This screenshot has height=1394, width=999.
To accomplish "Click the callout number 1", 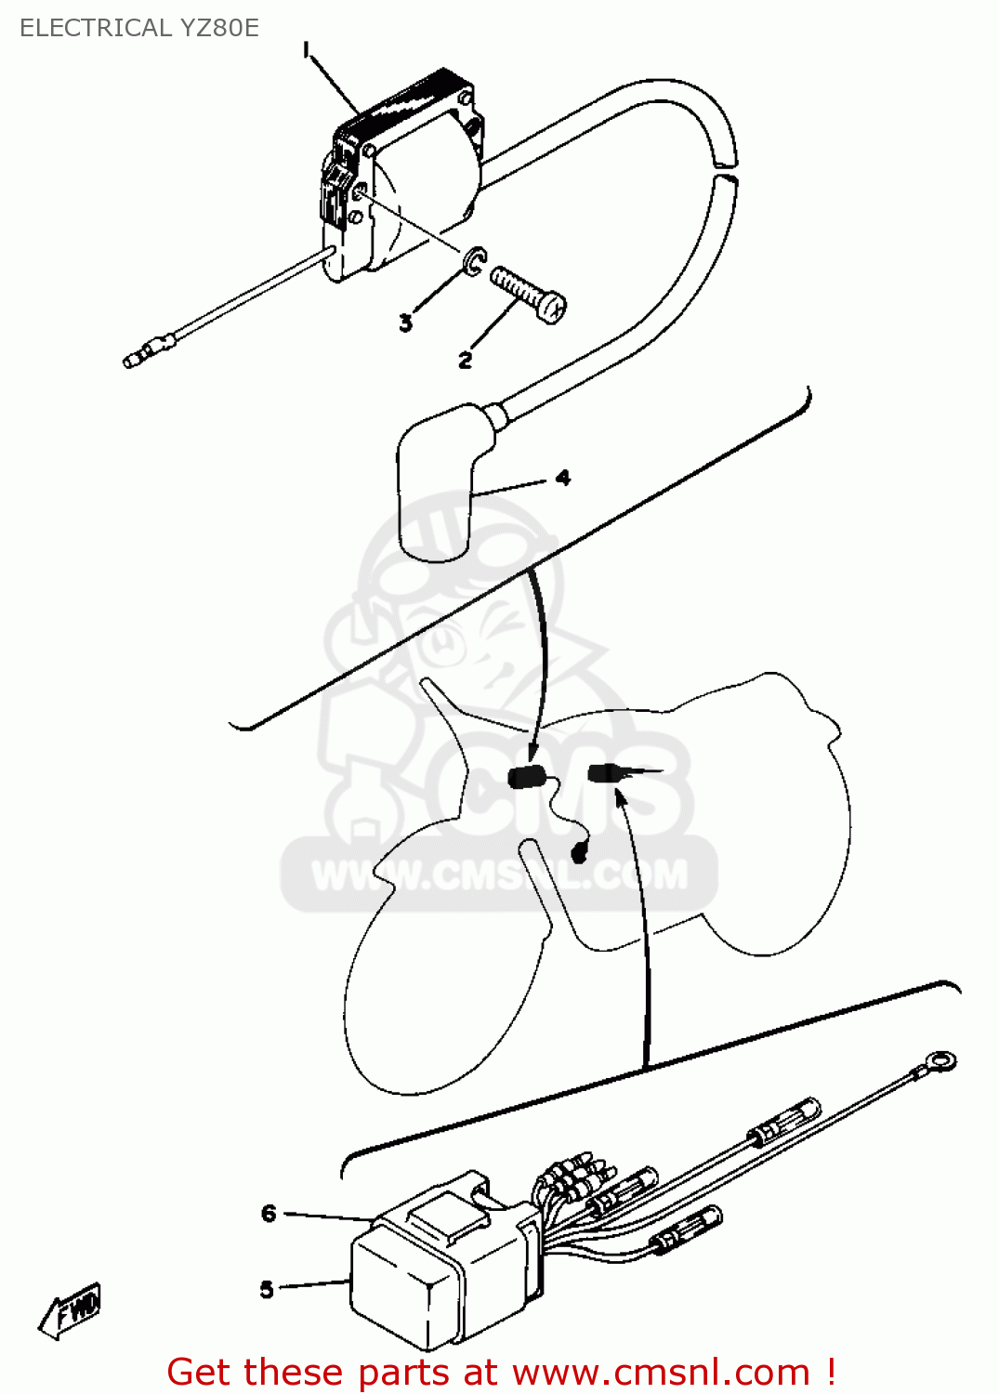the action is [307, 50].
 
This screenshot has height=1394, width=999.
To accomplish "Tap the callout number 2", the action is [465, 361].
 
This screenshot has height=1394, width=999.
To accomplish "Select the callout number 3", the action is [405, 323].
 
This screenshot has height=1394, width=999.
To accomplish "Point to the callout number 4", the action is [562, 478].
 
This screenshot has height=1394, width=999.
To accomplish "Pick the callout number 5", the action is [267, 1290].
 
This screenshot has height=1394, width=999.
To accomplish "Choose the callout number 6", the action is [269, 1213].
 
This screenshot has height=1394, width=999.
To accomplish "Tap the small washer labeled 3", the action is [475, 259].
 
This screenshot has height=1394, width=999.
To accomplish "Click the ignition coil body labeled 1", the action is [403, 178].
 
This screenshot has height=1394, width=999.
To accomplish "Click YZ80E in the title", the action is [212, 28].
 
